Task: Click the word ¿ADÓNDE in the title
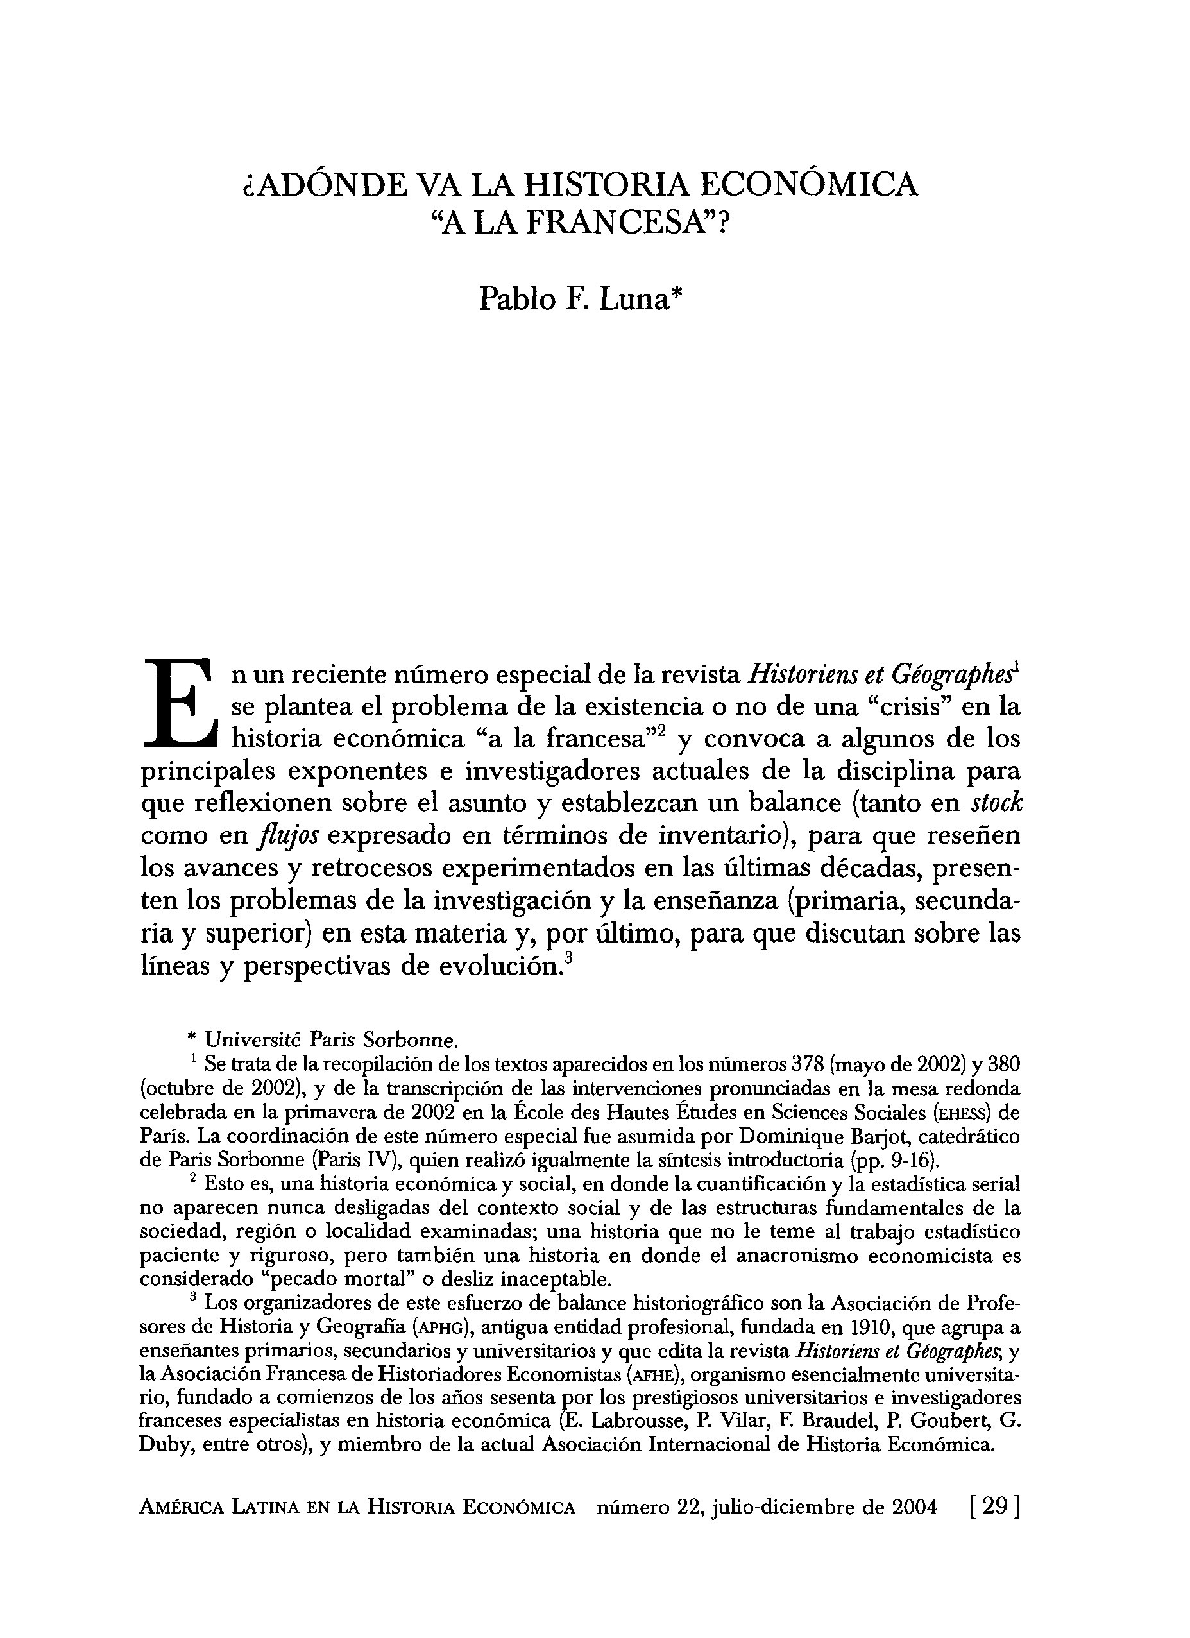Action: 323,185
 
